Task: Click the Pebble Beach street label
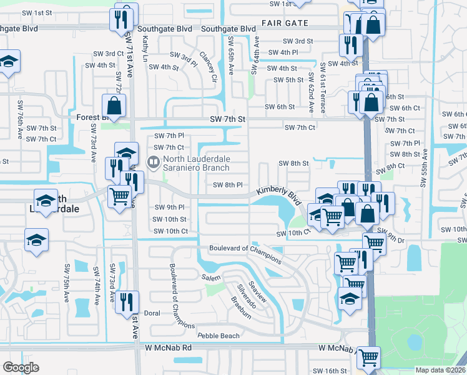219,336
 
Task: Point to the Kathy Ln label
145,48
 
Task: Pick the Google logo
21,367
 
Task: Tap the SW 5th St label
288,80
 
